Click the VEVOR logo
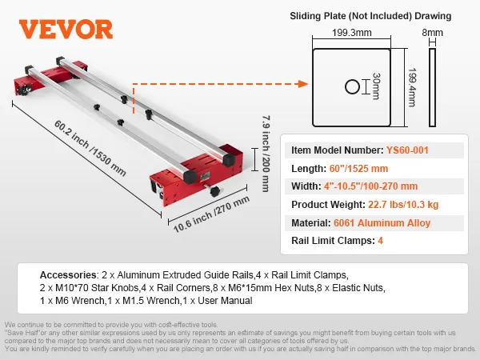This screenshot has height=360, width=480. pos(66,30)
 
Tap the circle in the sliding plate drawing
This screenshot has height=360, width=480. pos(354,87)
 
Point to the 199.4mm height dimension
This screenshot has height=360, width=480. pos(413,87)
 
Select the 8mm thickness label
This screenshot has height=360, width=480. pos(433,33)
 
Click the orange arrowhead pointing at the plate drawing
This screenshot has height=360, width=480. pos(303,82)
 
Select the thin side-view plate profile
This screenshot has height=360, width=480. pos(434,87)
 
